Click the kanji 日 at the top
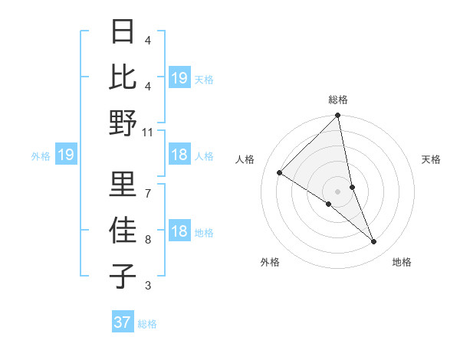(123, 32)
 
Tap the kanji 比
(123, 77)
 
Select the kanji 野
(123, 123)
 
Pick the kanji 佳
(123, 230)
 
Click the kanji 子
(123, 276)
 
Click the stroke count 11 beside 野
(148, 132)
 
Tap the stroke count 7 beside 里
(148, 193)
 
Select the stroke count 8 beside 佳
(148, 240)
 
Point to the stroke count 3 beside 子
(148, 286)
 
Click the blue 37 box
(122, 322)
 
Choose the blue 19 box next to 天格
(179, 77)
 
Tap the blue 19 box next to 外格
(65, 155)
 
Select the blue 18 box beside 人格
(179, 155)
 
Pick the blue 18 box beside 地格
(179, 232)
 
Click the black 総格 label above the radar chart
(338, 100)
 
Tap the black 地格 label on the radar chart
(402, 262)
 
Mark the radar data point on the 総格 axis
(338, 116)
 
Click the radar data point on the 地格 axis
(374, 241)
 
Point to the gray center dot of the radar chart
(338, 191)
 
